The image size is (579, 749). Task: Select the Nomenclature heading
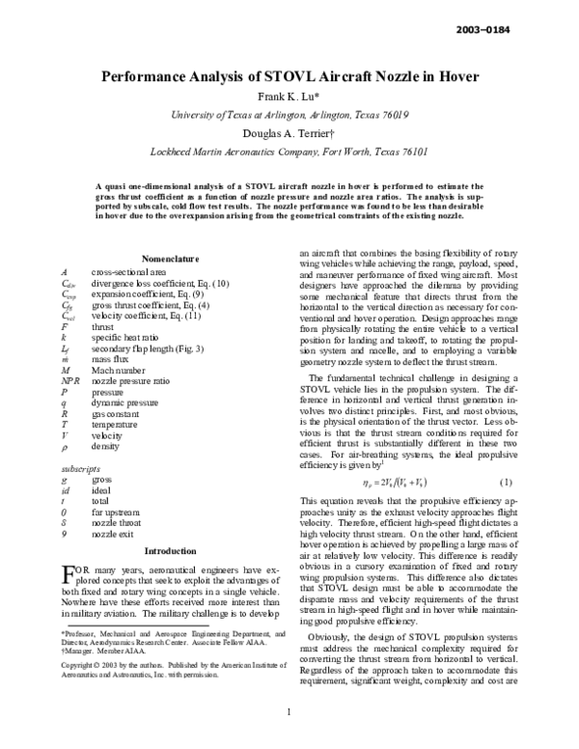point(170,260)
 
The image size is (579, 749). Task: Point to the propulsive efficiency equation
point(391,401)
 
